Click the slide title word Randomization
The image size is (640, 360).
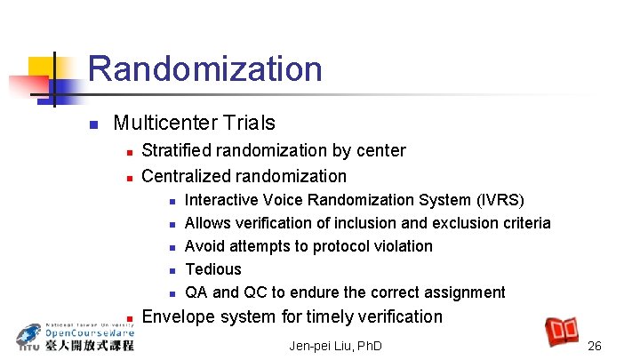[x=204, y=69]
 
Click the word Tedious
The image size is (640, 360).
[x=212, y=269]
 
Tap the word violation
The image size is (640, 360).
[x=401, y=246]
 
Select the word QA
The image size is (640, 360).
[x=196, y=292]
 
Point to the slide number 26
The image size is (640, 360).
[x=595, y=345]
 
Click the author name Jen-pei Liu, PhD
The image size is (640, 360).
[x=335, y=345]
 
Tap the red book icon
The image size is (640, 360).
[x=562, y=331]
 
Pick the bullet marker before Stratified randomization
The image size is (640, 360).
[x=128, y=152]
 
